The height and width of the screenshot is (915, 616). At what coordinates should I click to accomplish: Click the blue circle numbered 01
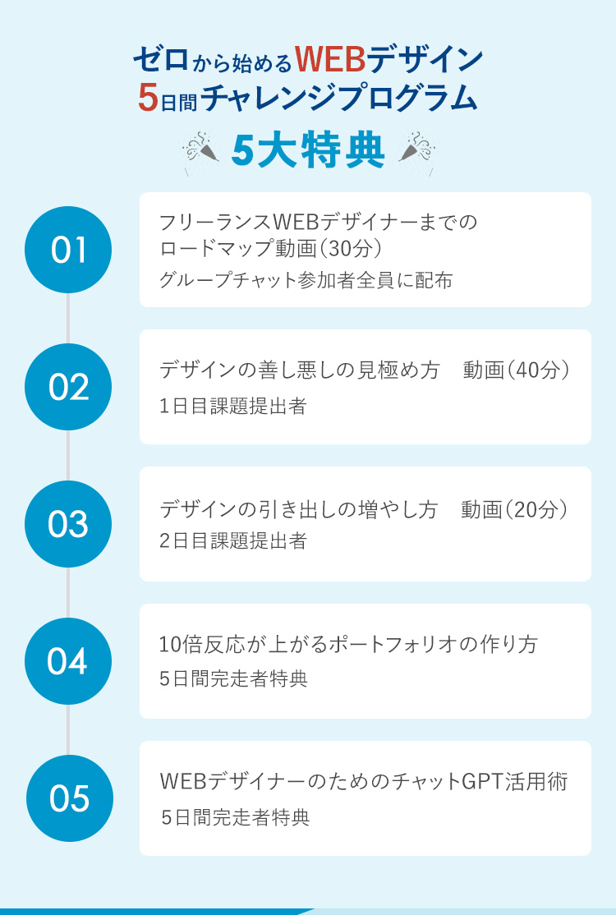(68, 250)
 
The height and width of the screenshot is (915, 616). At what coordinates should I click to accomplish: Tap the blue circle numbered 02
(68, 387)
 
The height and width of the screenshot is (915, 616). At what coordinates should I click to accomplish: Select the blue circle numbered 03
(68, 524)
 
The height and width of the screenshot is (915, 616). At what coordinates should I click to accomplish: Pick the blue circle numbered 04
(68, 661)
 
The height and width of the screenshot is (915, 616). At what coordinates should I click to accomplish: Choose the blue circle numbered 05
(68, 798)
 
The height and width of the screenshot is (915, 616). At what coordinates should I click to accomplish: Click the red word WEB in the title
(329, 59)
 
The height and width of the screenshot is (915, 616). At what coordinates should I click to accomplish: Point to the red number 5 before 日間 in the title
(148, 98)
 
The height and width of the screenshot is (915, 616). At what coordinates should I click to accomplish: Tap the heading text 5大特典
(308, 151)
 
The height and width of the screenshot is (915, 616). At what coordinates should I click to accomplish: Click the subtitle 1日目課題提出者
(233, 406)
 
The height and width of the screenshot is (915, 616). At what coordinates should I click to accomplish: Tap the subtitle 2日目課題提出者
(233, 541)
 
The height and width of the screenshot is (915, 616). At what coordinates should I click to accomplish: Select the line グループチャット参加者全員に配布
(306, 280)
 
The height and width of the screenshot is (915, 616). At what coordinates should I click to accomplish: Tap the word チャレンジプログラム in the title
(338, 99)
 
